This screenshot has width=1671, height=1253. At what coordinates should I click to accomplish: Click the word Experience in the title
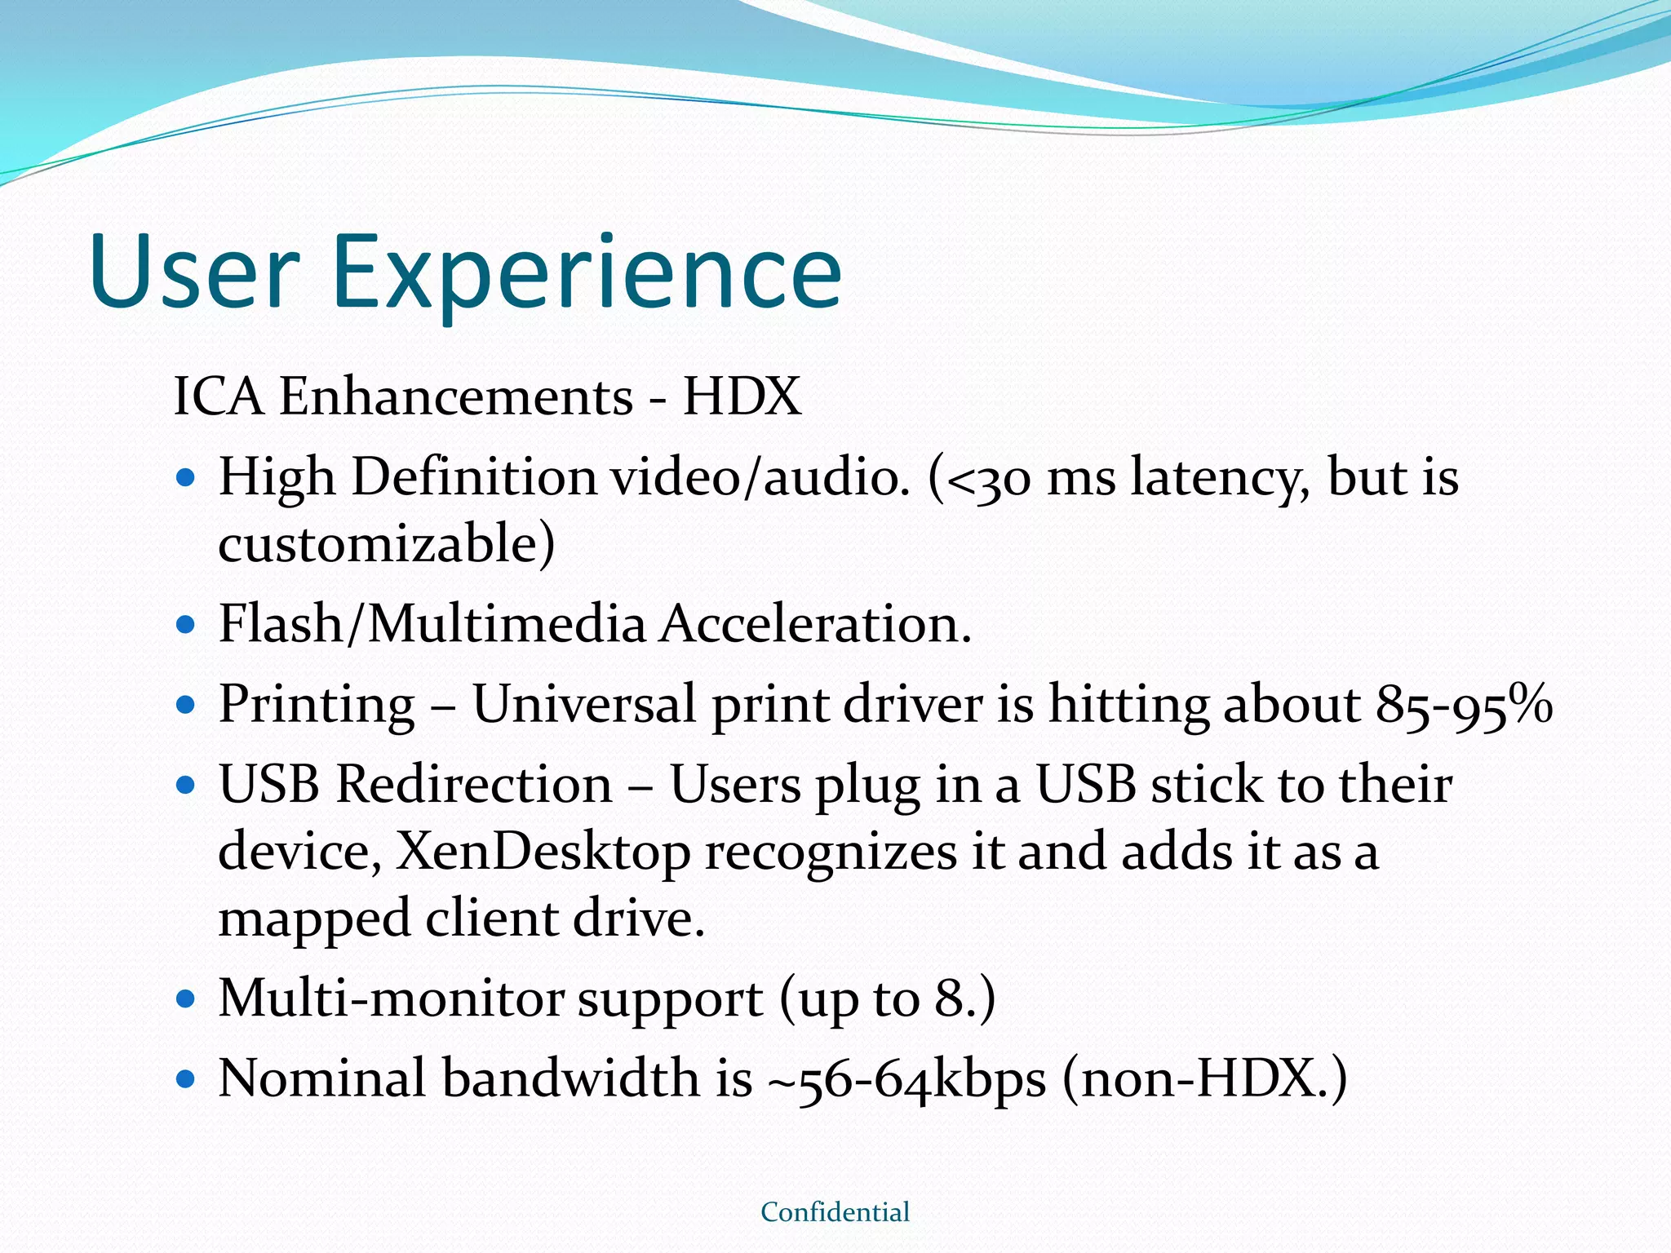point(586,273)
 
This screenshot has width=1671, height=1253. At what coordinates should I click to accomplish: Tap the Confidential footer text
point(835,1212)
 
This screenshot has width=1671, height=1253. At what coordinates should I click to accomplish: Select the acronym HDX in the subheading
point(742,397)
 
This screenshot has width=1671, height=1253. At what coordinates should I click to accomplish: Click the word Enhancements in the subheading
point(456,397)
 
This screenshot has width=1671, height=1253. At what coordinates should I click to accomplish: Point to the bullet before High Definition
point(187,477)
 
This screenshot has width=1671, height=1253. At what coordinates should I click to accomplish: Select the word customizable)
point(386,545)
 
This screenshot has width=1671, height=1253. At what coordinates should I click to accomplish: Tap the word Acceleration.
point(815,625)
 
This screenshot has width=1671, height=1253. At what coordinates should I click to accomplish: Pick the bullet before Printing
point(187,705)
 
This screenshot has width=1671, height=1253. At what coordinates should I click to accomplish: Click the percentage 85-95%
point(1464,705)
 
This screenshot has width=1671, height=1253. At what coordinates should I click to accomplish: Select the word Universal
point(584,705)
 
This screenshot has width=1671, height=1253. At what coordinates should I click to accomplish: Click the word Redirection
point(474,785)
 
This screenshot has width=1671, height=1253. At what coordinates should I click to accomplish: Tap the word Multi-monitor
point(391,998)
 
